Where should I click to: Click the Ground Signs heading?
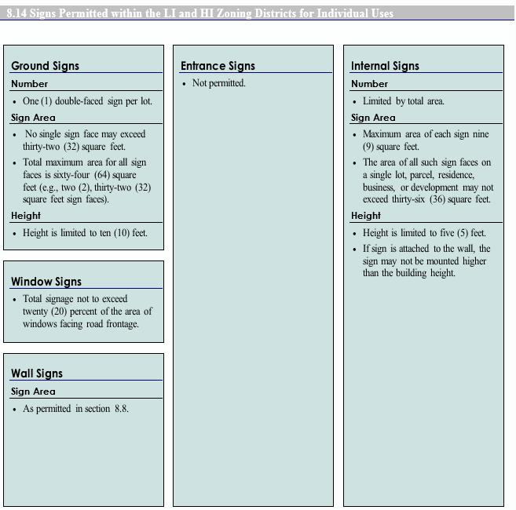click(x=45, y=66)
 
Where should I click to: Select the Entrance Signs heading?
click(x=218, y=66)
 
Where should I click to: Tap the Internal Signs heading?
click(x=385, y=66)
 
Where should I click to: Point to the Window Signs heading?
click(x=46, y=282)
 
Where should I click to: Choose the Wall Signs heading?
click(x=37, y=373)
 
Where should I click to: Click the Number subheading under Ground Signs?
click(x=29, y=84)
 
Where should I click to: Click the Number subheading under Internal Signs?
click(x=369, y=84)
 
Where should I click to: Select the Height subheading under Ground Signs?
click(x=26, y=216)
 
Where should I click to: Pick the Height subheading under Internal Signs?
click(x=366, y=216)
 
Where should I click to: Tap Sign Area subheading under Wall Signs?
click(x=33, y=392)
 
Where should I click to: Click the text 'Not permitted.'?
click(x=219, y=83)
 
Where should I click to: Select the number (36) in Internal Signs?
click(x=437, y=199)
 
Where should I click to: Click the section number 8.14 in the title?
click(x=18, y=13)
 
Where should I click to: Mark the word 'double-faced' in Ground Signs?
click(x=80, y=101)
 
